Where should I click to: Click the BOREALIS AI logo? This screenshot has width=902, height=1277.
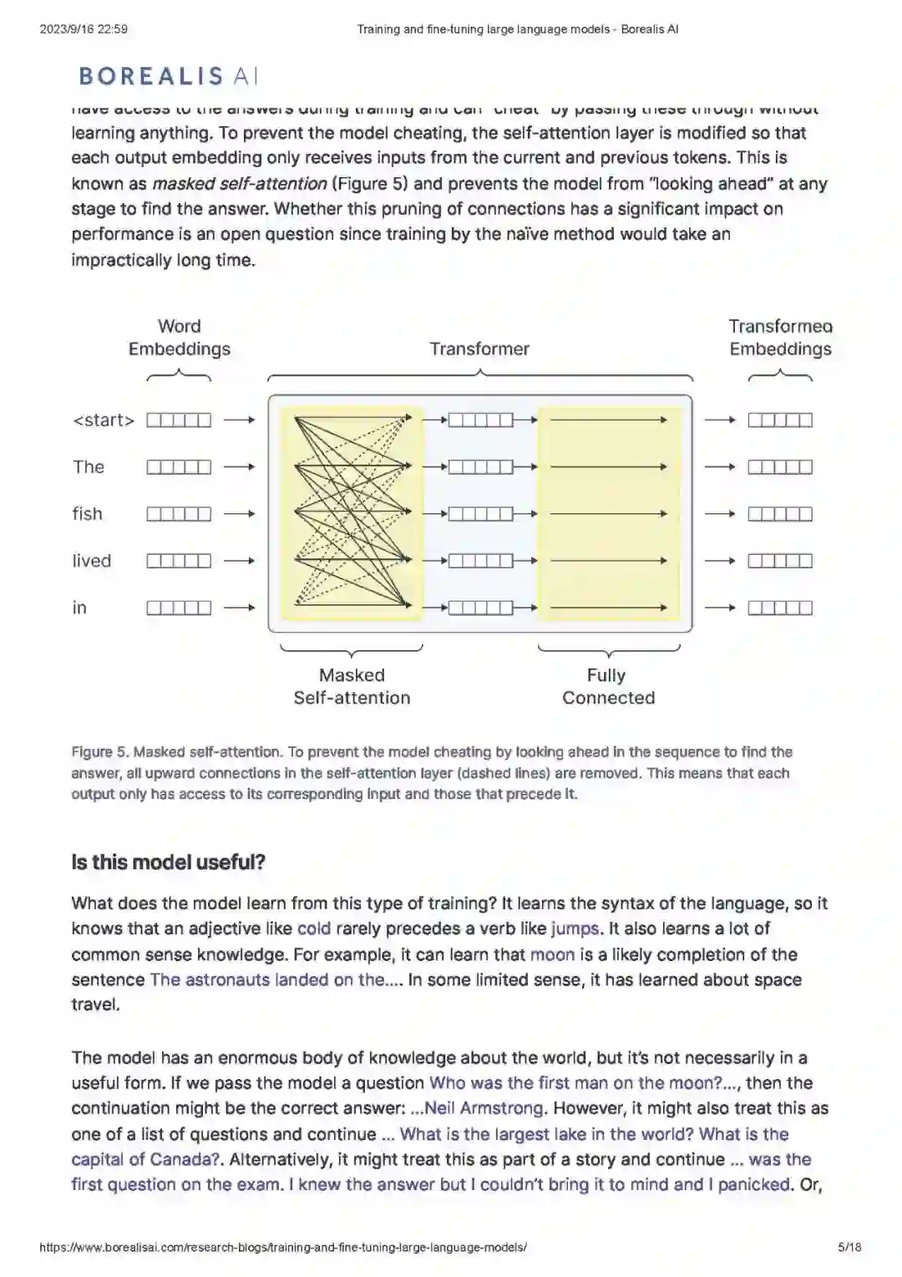pyautogui.click(x=168, y=77)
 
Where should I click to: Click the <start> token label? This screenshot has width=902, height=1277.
pyautogui.click(x=104, y=420)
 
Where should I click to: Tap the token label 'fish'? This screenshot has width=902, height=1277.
pyautogui.click(x=87, y=514)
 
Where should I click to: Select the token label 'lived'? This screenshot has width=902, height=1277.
pyautogui.click(x=91, y=561)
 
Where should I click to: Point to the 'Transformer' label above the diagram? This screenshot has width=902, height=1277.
pyautogui.click(x=479, y=349)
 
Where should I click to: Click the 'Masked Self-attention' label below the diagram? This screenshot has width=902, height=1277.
pyautogui.click(x=352, y=686)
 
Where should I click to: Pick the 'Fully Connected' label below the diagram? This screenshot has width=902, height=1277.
pyautogui.click(x=608, y=686)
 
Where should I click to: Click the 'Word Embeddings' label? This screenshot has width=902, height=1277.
pyautogui.click(x=180, y=338)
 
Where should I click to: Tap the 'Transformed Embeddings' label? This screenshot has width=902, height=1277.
pyautogui.click(x=780, y=338)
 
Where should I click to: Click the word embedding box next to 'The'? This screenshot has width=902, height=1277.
pyautogui.click(x=179, y=467)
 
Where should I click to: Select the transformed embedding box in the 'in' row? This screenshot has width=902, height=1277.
pyautogui.click(x=779, y=608)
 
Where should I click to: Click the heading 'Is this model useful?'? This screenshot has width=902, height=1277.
pyautogui.click(x=168, y=862)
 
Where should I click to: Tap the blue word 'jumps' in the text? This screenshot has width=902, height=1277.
pyautogui.click(x=575, y=928)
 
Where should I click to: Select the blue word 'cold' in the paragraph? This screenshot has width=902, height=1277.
pyautogui.click(x=314, y=928)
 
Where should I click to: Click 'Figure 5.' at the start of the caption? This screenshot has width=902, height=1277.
pyautogui.click(x=100, y=752)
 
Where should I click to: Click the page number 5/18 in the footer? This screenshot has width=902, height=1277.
pyautogui.click(x=849, y=1248)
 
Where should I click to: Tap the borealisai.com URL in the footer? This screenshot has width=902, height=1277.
pyautogui.click(x=283, y=1248)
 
